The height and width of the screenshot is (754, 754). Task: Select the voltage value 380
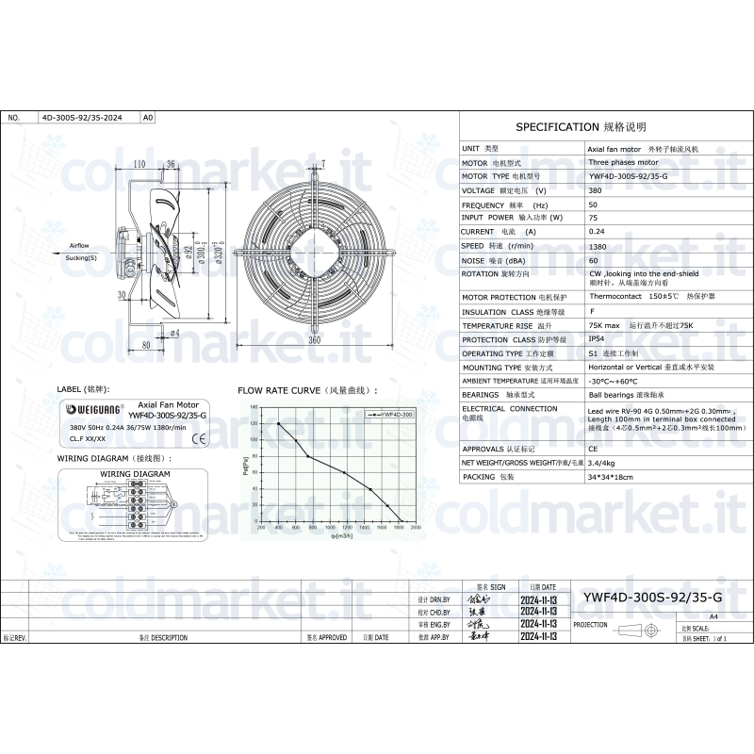coord(595,190)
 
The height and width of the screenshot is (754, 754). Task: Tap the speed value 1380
coord(597,245)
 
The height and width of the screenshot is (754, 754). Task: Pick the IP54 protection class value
coord(596,339)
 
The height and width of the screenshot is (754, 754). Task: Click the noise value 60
coord(593,259)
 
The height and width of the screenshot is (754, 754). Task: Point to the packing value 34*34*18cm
coord(610,477)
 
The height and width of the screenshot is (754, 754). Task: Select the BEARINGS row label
coord(481,395)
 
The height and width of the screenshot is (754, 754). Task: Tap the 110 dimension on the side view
coord(139,164)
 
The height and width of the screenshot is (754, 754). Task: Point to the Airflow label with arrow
coord(80,246)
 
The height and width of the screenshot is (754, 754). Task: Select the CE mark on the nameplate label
coord(199,438)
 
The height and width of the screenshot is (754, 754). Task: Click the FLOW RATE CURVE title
coord(306,389)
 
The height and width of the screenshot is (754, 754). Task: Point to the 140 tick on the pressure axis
coord(253,407)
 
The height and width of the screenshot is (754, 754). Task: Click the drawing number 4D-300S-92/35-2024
coord(81,119)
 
